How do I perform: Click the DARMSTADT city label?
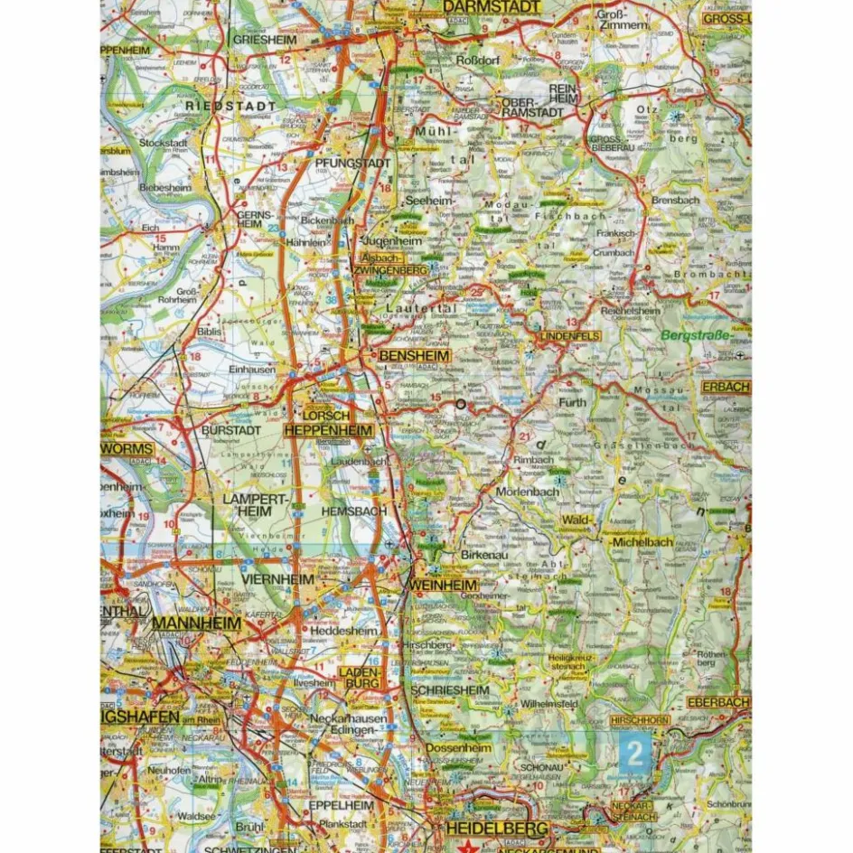[493, 7]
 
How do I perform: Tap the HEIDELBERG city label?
[496, 828]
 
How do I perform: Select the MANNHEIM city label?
[196, 623]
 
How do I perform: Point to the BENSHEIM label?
[408, 357]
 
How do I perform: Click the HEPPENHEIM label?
[328, 431]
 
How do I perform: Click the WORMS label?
[127, 448]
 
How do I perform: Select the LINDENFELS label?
[570, 336]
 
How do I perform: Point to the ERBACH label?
[726, 387]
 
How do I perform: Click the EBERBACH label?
[718, 701]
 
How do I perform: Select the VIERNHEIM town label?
[277, 578]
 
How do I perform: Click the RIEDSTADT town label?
[215, 106]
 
